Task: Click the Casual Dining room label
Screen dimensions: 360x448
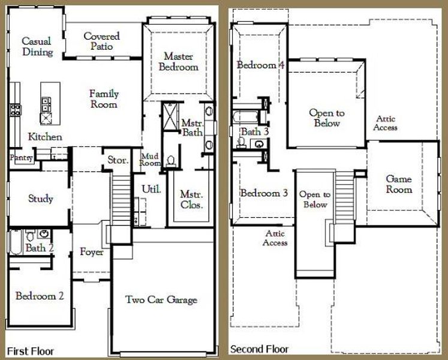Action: click(37, 47)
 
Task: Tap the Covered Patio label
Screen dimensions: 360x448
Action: click(101, 41)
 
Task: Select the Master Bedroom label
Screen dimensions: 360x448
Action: click(178, 61)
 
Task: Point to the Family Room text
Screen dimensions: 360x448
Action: click(104, 98)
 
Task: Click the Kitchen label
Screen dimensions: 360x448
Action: click(45, 137)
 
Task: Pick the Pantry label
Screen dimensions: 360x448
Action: click(20, 158)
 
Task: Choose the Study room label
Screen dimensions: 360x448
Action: click(41, 199)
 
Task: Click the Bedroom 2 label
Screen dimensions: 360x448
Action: click(40, 296)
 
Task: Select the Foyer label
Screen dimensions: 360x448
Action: click(92, 252)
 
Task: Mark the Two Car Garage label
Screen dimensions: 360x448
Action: click(161, 299)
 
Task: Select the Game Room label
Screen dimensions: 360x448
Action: click(399, 184)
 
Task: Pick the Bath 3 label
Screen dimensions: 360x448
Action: click(255, 131)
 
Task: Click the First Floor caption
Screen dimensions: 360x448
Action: click(30, 350)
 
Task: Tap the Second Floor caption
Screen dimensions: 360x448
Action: click(259, 349)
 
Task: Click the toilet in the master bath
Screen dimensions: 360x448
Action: click(172, 160)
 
